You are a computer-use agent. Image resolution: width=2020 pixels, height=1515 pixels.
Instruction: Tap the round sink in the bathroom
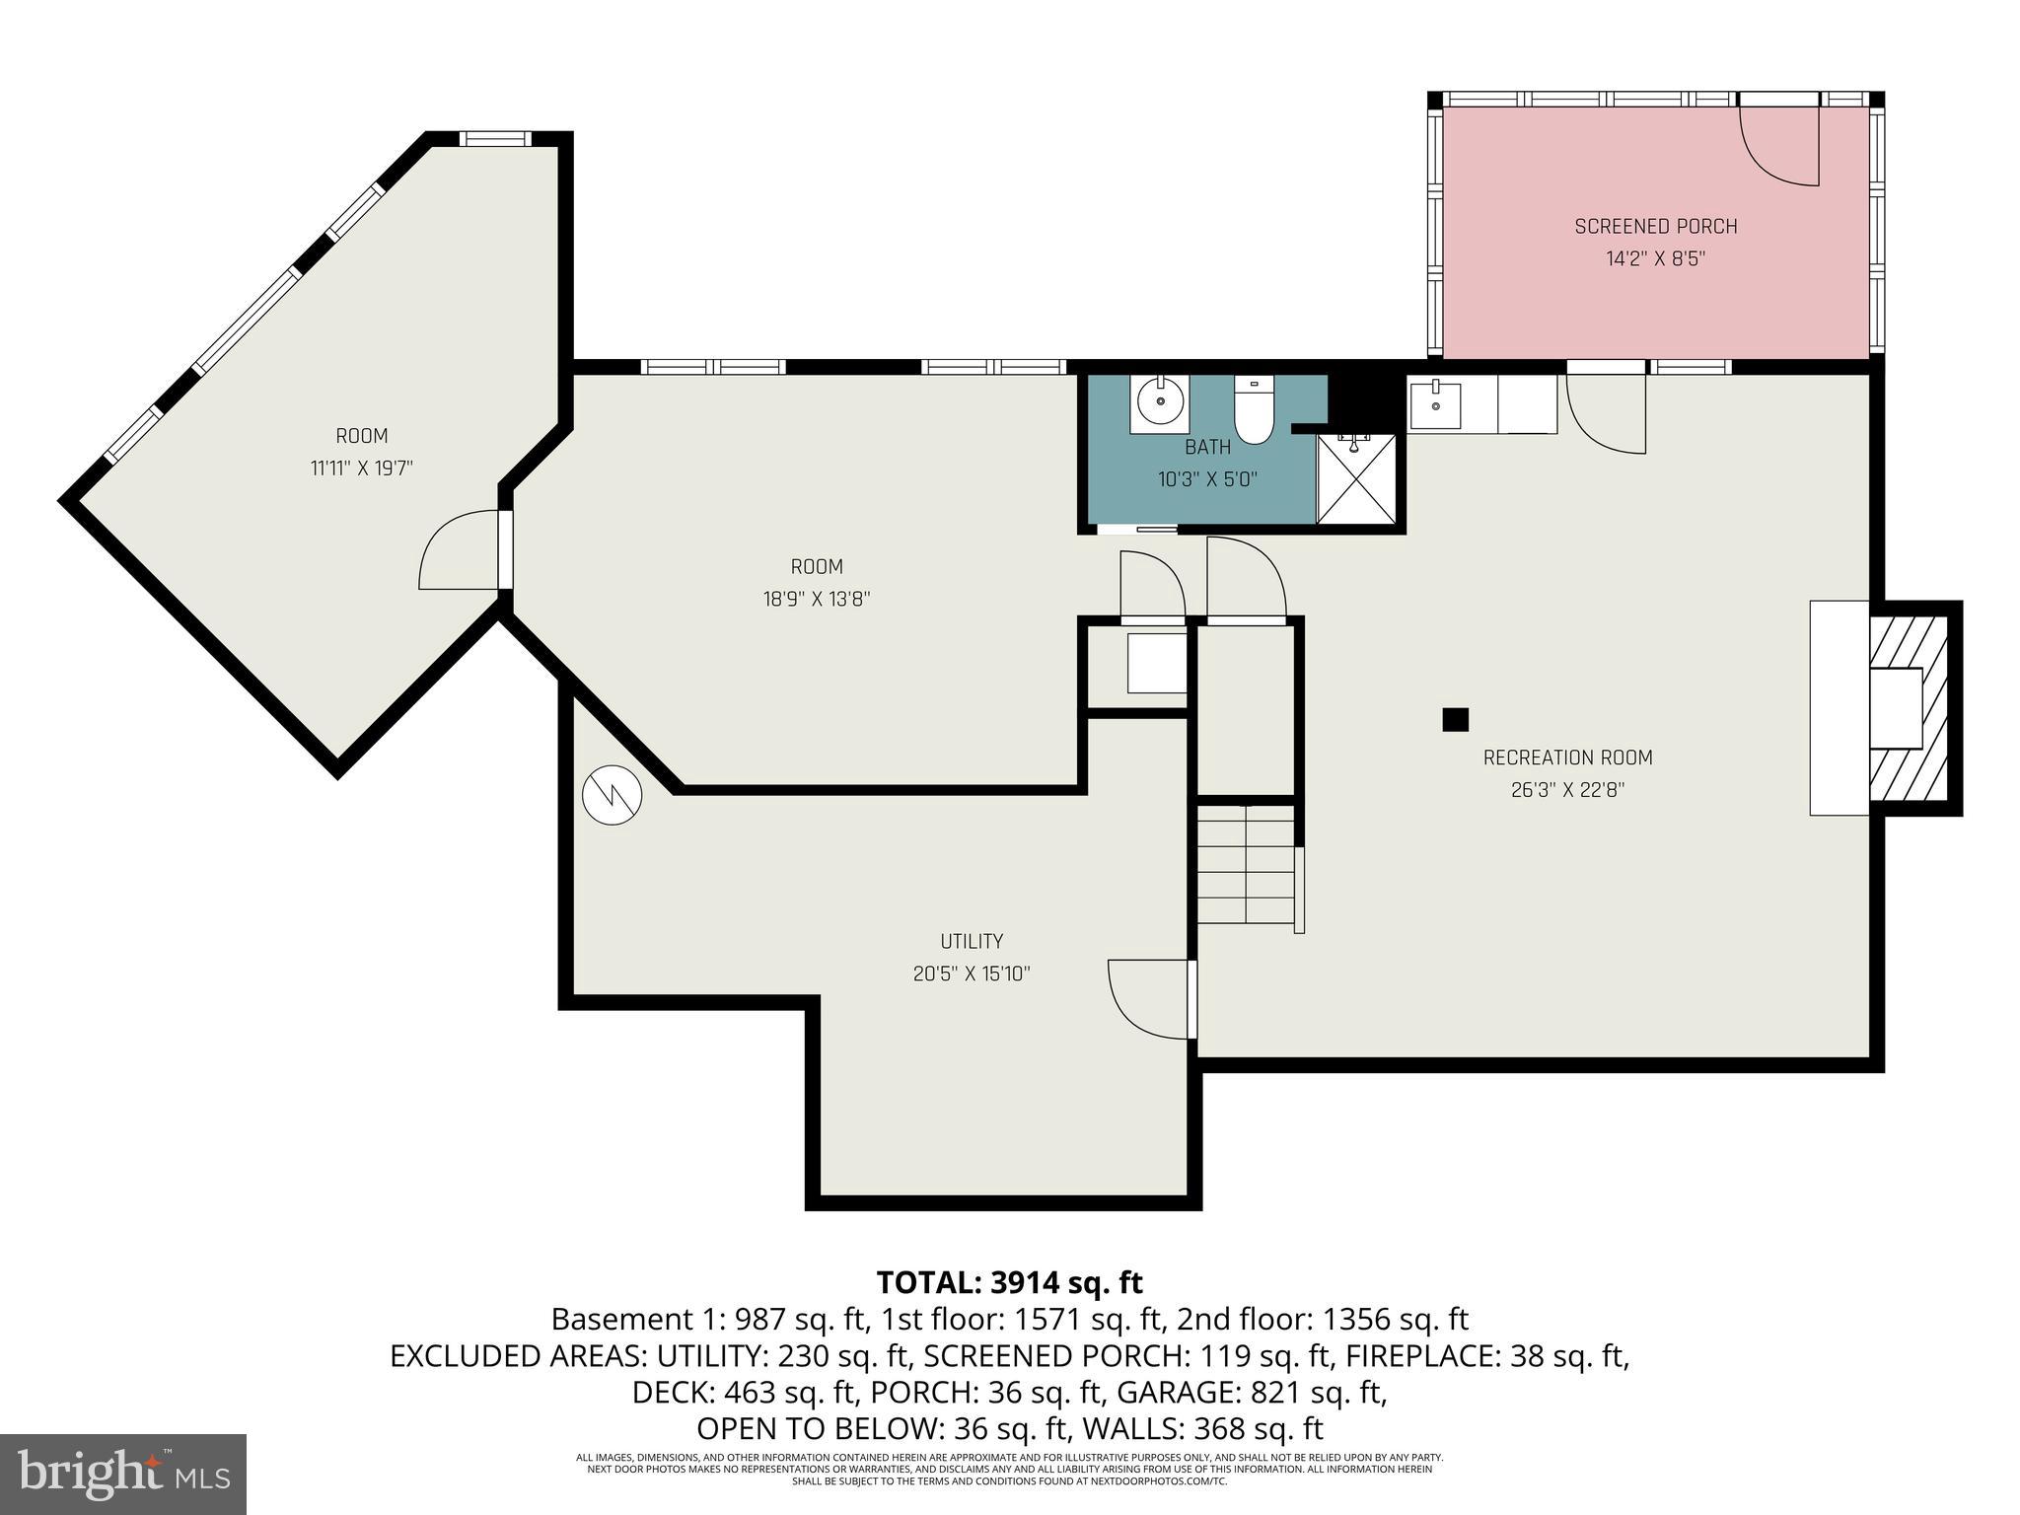pyautogui.click(x=1160, y=401)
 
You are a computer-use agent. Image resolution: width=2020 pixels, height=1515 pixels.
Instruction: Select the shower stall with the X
pyautogui.click(x=1356, y=478)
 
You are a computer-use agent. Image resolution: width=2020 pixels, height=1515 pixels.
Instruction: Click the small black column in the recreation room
pyautogui.click(x=1455, y=720)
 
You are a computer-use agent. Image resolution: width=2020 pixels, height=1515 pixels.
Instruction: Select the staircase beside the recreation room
pyautogui.click(x=1247, y=864)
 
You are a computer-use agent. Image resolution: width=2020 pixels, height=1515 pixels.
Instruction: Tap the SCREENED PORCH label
pyautogui.click(x=1655, y=226)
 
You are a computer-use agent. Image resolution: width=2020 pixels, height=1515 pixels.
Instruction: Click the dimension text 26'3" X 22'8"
pyautogui.click(x=1567, y=790)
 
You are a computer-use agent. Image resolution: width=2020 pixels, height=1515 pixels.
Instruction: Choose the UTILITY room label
pyautogui.click(x=972, y=941)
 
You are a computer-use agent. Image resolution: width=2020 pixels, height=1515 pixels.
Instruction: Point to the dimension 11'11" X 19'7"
pyautogui.click(x=361, y=468)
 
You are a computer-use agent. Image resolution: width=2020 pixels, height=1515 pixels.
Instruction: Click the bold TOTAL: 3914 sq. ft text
pyautogui.click(x=1009, y=1282)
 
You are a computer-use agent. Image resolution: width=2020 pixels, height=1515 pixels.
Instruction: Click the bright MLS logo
pyautogui.click(x=122, y=1474)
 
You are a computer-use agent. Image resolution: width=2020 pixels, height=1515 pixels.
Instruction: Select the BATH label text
pyautogui.click(x=1207, y=447)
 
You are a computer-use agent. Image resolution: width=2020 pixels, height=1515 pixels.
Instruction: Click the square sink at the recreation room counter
pyautogui.click(x=1434, y=405)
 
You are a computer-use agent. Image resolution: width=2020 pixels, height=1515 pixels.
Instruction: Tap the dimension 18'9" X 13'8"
pyautogui.click(x=816, y=599)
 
